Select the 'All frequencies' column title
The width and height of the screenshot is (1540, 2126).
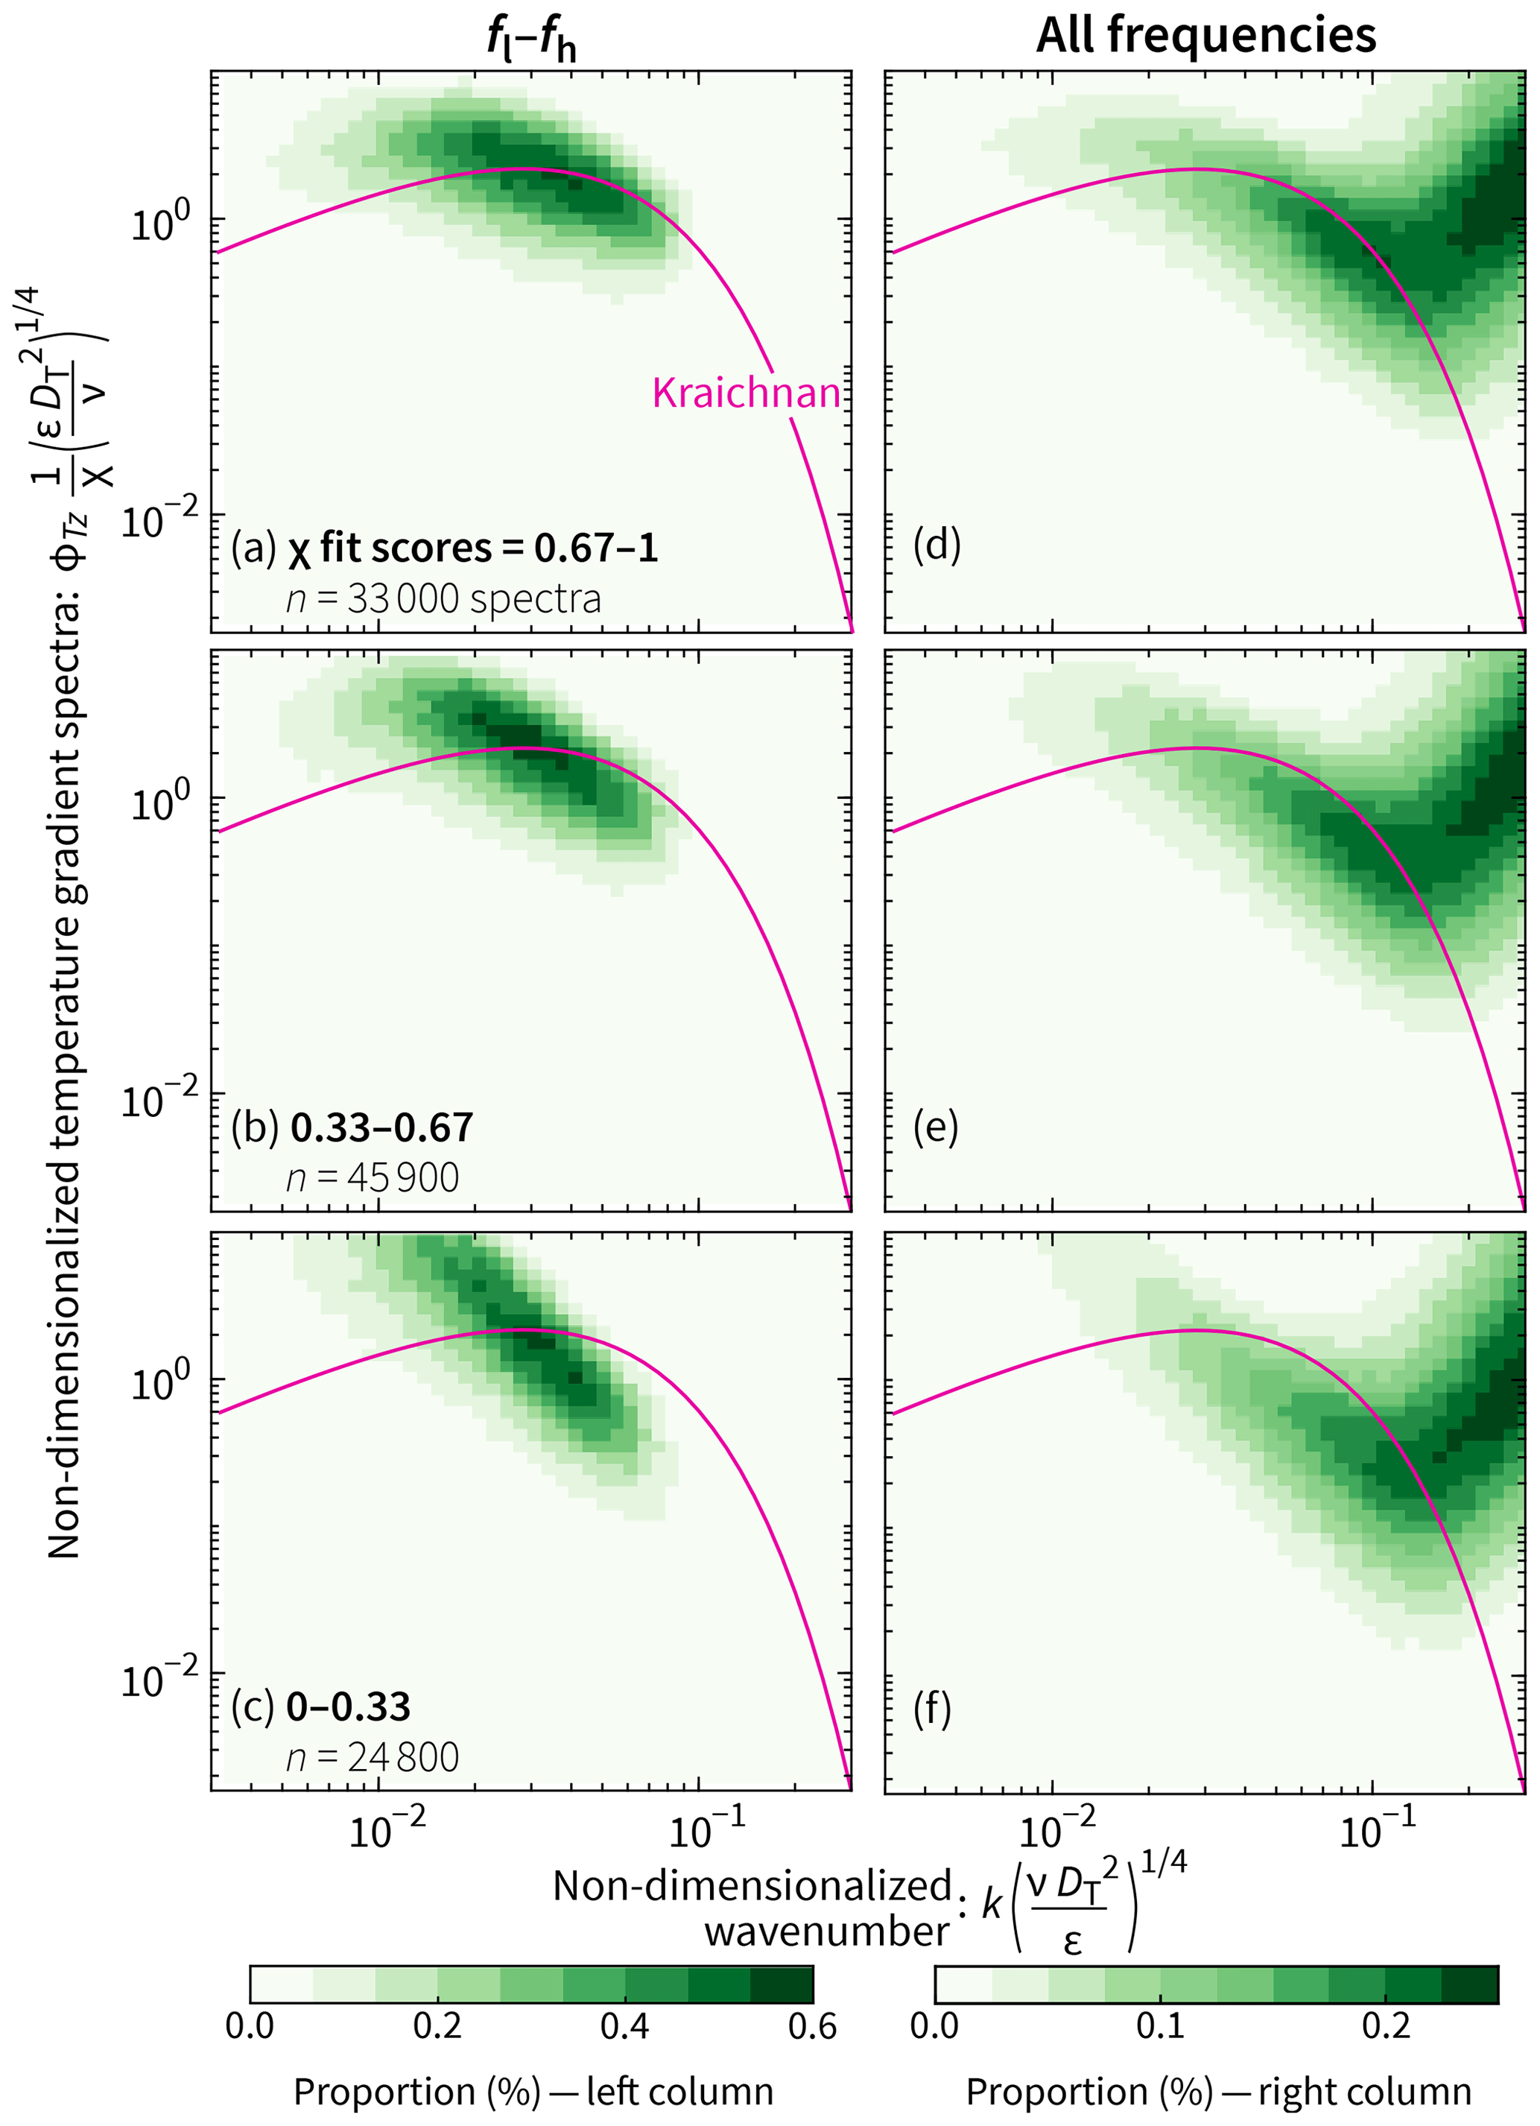point(1205,36)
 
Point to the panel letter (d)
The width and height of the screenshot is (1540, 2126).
point(937,545)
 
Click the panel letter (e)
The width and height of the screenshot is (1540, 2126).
point(936,1127)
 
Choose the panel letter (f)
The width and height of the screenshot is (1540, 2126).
point(932,1707)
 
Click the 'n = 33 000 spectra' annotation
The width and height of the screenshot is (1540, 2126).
point(443,599)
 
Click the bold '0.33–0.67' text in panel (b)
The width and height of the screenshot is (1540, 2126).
point(381,1127)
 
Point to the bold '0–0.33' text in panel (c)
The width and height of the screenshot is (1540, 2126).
point(348,1707)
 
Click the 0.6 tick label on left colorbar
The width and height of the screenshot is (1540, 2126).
point(811,2028)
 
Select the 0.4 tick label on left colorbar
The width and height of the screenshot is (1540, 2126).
point(624,2028)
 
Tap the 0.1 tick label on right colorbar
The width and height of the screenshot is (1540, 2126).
point(1160,2028)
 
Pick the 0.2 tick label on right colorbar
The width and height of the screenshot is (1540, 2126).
point(1385,2028)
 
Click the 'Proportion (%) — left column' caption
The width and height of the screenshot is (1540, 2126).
point(533,2092)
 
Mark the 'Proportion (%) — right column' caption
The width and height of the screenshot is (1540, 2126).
point(1217,2092)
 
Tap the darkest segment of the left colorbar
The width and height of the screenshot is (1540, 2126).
point(782,1984)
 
